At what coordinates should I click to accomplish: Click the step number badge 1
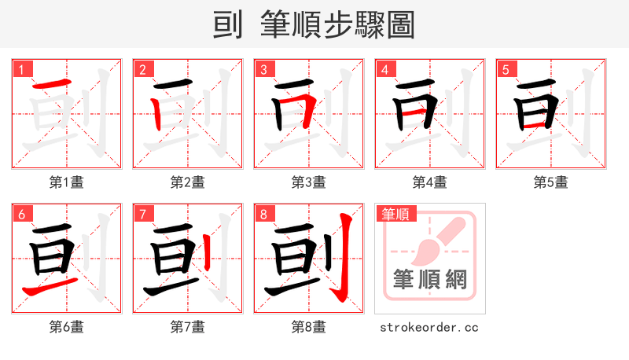[x=21, y=69]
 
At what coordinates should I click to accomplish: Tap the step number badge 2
[x=142, y=69]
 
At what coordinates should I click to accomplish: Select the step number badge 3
[x=263, y=69]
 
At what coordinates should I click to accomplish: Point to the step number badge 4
[x=384, y=69]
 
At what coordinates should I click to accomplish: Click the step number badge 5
[x=506, y=69]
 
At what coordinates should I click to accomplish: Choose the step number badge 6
[x=21, y=214]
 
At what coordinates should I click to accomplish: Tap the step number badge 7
[x=142, y=214]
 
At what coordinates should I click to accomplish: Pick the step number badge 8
[x=263, y=214]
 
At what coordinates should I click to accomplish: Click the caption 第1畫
[x=67, y=182]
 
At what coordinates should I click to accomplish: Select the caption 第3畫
[x=309, y=182]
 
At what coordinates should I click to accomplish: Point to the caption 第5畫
[x=551, y=182]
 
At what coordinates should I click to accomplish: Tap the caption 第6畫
[x=67, y=326]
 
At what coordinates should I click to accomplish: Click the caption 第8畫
[x=309, y=326]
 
